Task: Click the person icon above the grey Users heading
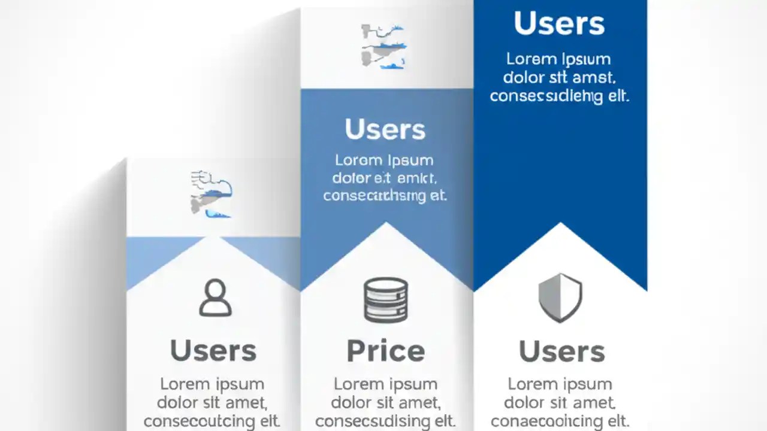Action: (x=215, y=298)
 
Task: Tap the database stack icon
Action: (x=386, y=300)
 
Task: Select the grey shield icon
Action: (x=560, y=298)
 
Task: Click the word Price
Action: (x=386, y=351)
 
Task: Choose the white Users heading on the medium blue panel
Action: (x=385, y=129)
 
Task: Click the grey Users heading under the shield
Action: (x=561, y=351)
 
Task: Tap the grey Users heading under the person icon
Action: (x=213, y=351)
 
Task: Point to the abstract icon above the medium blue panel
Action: (x=384, y=46)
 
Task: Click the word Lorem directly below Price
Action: (x=357, y=384)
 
